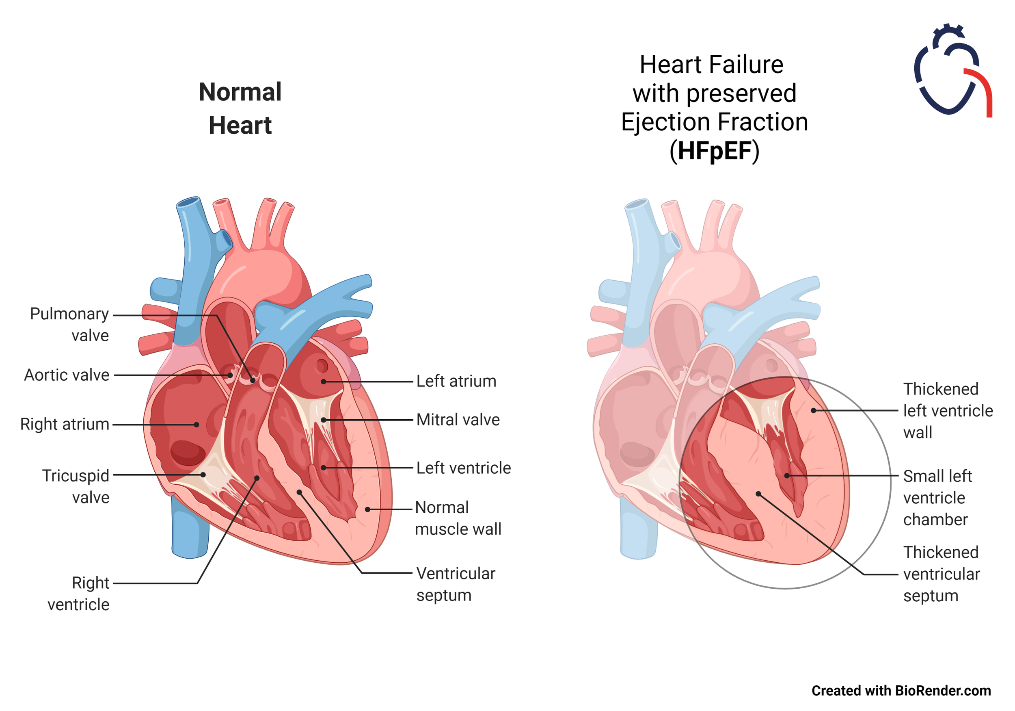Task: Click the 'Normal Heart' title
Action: [240, 108]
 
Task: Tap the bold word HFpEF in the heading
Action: [715, 151]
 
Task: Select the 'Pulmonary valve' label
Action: [69, 324]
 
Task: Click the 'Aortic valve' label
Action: [67, 375]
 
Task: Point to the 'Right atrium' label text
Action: [65, 424]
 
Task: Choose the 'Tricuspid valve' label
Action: [76, 486]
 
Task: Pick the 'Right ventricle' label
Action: [79, 593]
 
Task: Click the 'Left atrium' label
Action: [456, 382]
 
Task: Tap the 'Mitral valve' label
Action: [458, 420]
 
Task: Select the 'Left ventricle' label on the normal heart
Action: [463, 468]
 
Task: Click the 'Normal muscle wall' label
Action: [458, 518]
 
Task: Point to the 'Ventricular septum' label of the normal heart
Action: [456, 584]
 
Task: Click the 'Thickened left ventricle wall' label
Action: [947, 411]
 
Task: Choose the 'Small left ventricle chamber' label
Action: [937, 498]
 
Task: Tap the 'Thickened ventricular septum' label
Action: [941, 574]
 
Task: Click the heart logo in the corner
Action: [952, 71]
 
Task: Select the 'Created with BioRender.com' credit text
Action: [901, 691]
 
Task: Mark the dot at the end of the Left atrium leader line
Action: [324, 382]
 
